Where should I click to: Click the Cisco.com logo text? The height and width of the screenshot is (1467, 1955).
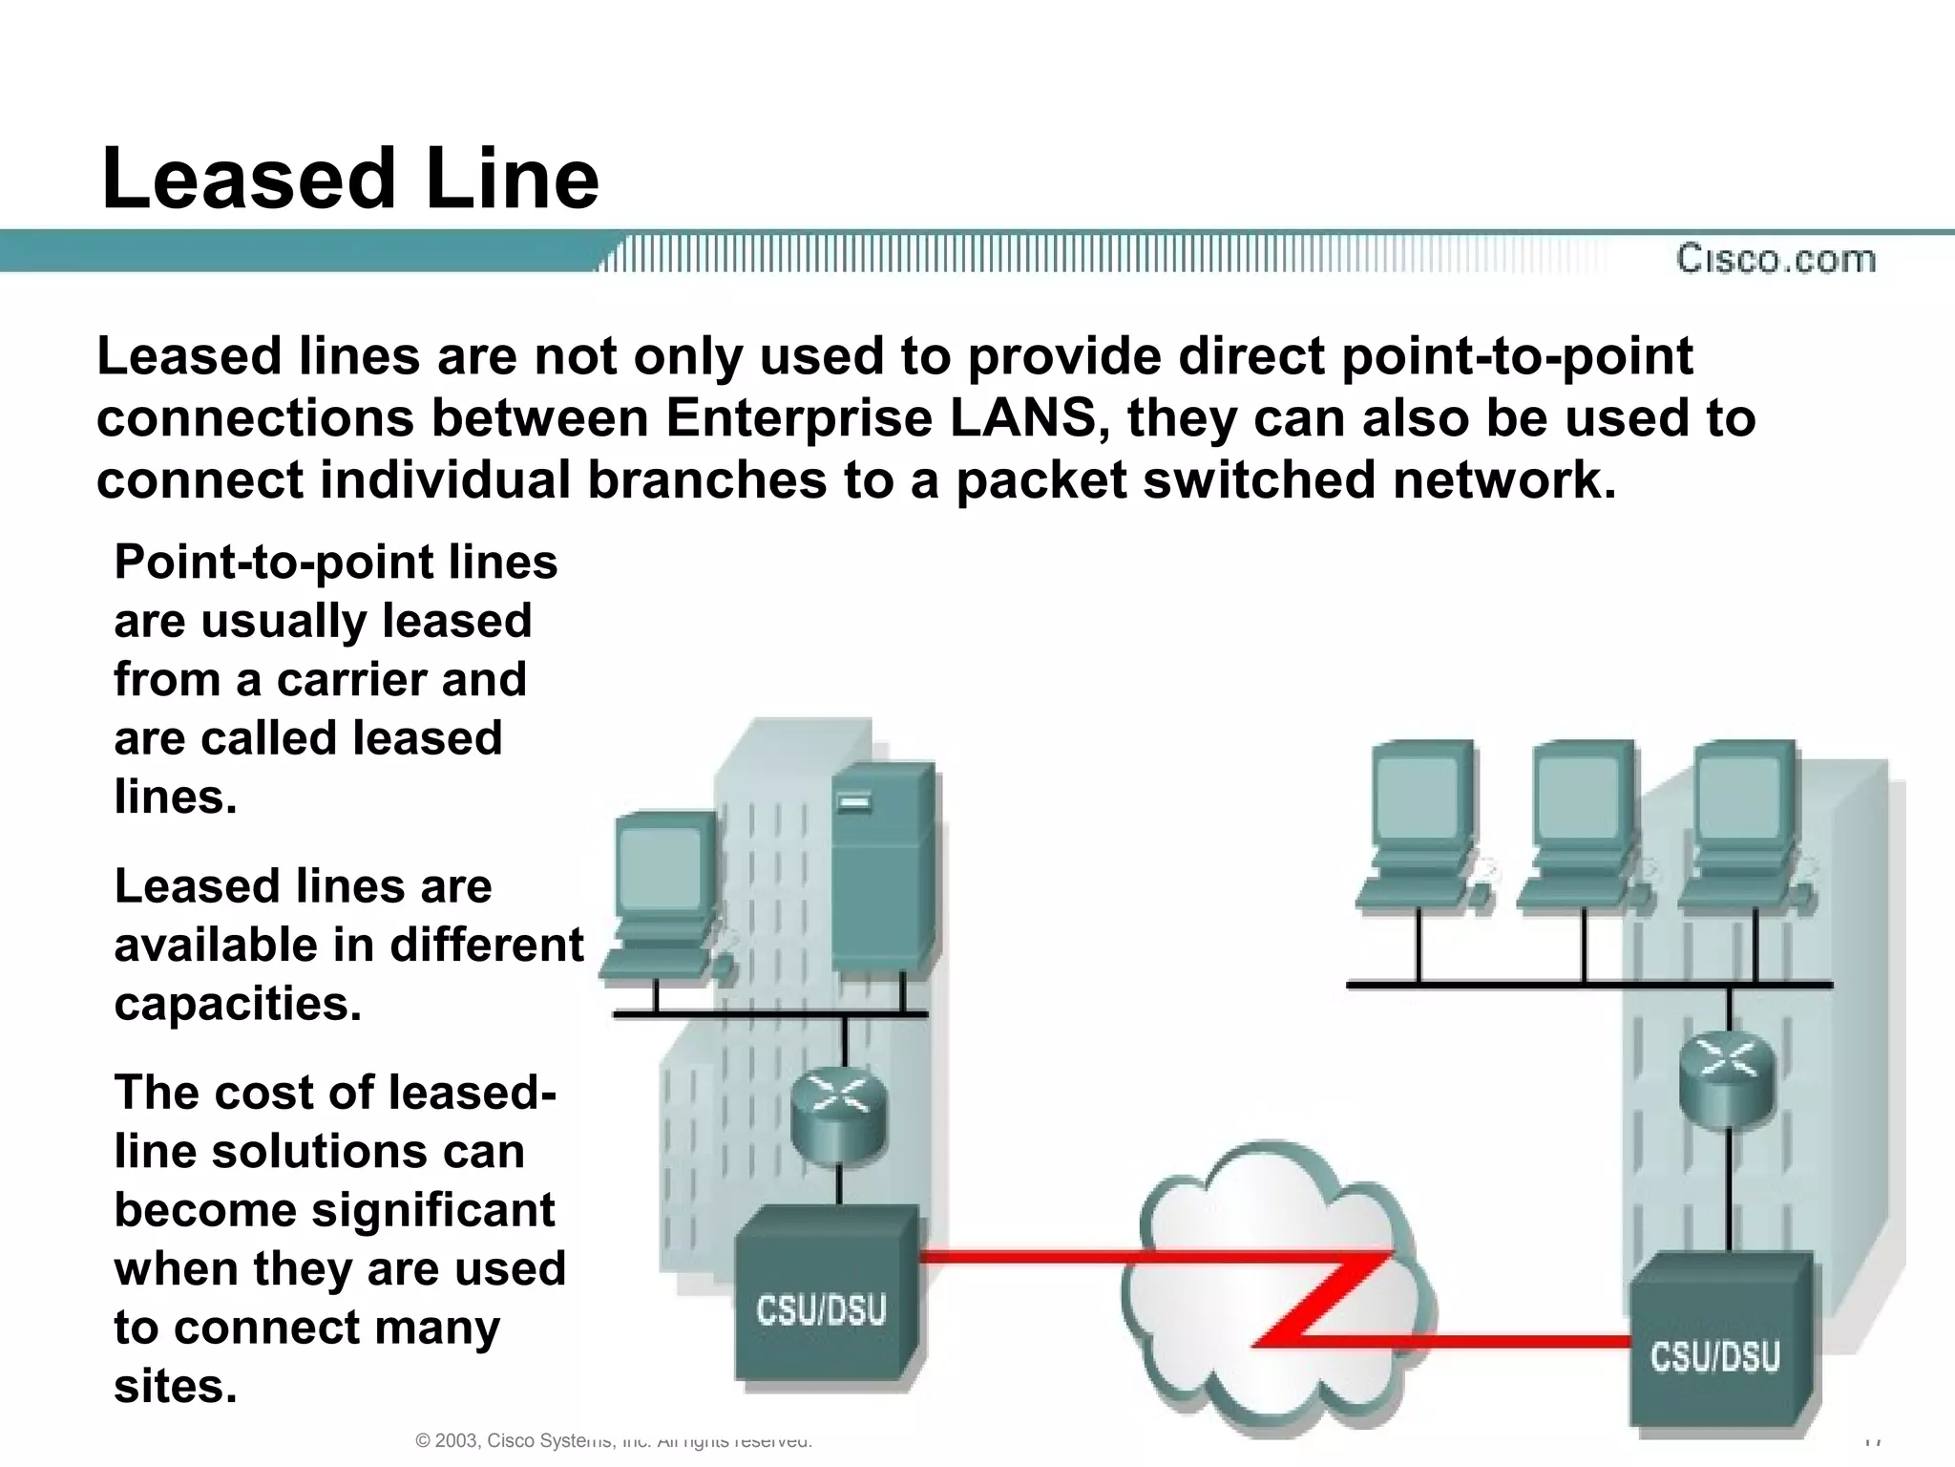(1776, 259)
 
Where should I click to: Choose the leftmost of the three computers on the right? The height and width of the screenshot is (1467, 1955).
(1420, 826)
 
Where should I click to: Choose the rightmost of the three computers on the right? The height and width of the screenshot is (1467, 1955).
(1743, 826)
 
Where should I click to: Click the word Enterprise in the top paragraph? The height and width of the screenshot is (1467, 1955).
(798, 418)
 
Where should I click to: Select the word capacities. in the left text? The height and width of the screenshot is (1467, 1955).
(238, 1004)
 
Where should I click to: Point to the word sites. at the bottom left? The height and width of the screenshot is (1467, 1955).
(175, 1386)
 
